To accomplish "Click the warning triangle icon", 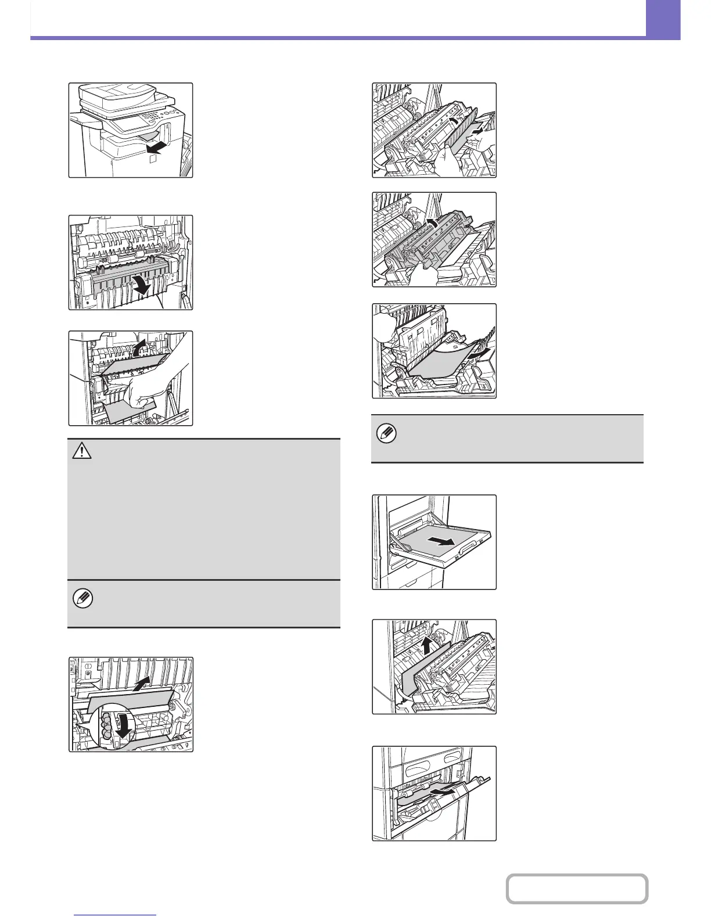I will pos(82,451).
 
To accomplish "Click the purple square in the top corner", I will pos(663,19).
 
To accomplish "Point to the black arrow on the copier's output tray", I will pos(154,143).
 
